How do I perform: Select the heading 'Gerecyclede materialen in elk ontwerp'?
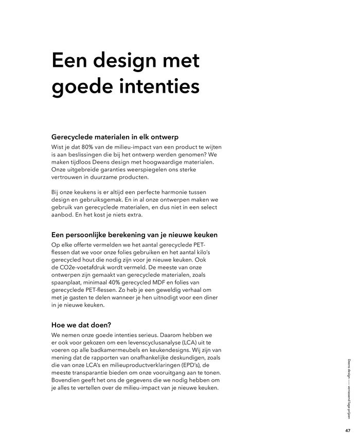[x=115, y=137]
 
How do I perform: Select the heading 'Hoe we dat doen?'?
[x=82, y=325]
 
